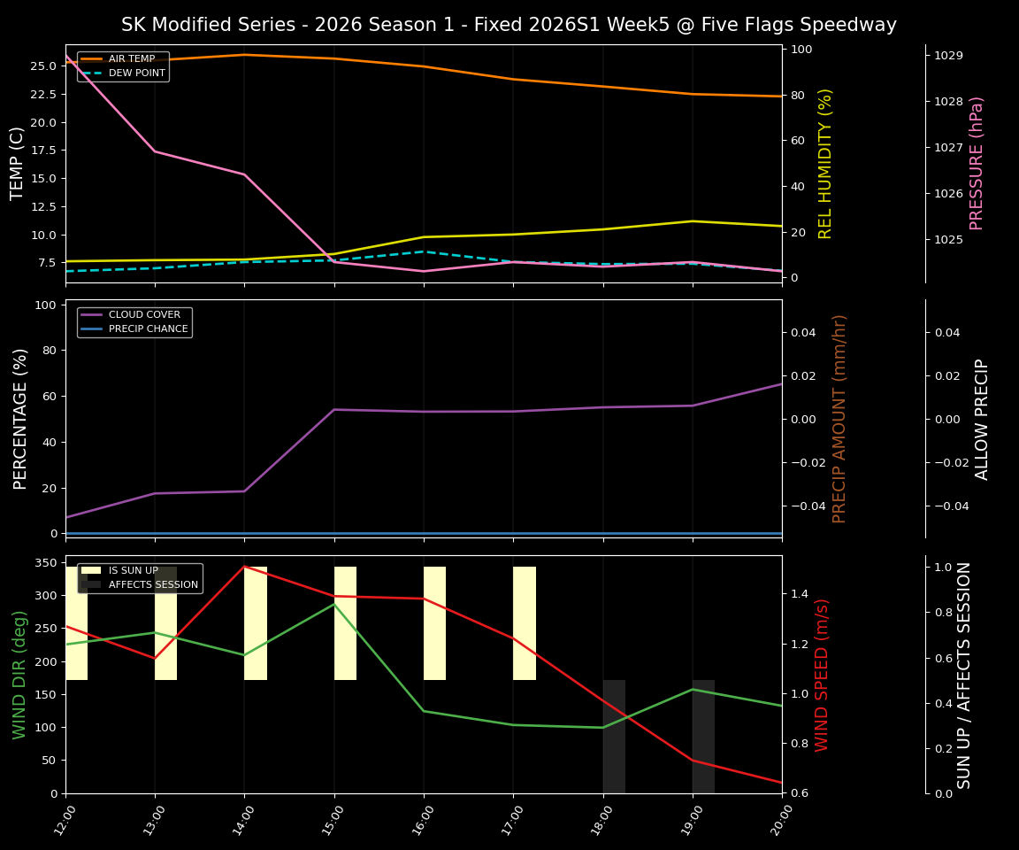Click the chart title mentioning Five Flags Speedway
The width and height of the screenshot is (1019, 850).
pyautogui.click(x=509, y=25)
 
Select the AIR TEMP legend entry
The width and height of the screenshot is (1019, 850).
pyautogui.click(x=131, y=59)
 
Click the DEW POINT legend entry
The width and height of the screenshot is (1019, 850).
pyautogui.click(x=136, y=73)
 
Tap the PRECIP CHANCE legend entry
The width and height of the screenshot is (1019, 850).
pyautogui.click(x=148, y=329)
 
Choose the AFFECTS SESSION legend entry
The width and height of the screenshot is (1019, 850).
pyautogui.click(x=152, y=585)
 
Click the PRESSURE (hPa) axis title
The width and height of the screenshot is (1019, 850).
pyautogui.click(x=977, y=163)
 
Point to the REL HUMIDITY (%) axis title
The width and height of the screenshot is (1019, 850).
pyautogui.click(x=826, y=163)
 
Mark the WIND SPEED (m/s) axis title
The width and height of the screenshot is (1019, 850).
pyautogui.click(x=823, y=674)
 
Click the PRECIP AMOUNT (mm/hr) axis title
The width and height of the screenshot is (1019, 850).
pyautogui.click(x=839, y=418)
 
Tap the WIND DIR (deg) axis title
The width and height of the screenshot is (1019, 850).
pyautogui.click(x=19, y=674)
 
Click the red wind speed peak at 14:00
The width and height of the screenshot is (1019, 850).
pyautogui.click(x=244, y=567)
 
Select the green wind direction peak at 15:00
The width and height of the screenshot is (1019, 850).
pyautogui.click(x=334, y=604)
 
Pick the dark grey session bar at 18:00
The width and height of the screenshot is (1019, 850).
pyautogui.click(x=614, y=736)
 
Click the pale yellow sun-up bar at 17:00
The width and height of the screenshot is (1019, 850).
pyautogui.click(x=525, y=623)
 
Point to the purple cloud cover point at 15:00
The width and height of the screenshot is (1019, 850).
pyautogui.click(x=334, y=409)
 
